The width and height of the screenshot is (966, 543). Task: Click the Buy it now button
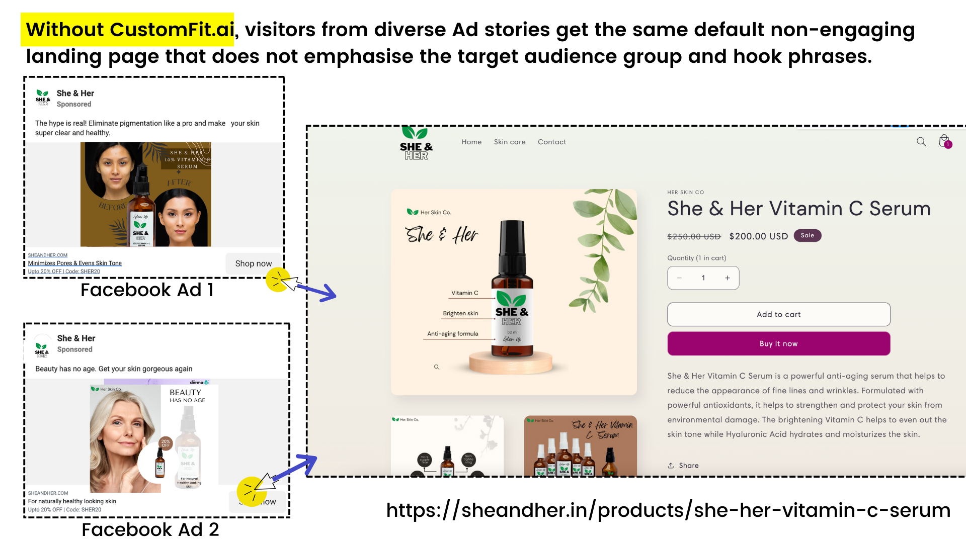point(778,344)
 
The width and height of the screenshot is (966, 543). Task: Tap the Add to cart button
point(778,315)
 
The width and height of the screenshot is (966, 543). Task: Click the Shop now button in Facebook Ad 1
point(253,263)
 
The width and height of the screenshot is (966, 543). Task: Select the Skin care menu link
point(509,142)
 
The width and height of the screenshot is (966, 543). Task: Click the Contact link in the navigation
point(551,142)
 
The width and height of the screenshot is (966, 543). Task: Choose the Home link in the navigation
point(471,142)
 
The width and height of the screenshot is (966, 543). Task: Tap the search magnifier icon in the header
point(921,142)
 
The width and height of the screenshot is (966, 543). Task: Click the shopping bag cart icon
point(944,141)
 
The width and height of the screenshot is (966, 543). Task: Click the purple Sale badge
point(807,236)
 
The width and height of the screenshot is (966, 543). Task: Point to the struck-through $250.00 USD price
point(694,237)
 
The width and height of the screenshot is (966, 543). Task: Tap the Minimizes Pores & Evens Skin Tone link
point(75,263)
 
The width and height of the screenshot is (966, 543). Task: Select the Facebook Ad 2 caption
point(150,529)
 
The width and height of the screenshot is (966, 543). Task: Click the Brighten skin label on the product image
point(460,313)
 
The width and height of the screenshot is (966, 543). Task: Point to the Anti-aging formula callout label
point(452,334)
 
